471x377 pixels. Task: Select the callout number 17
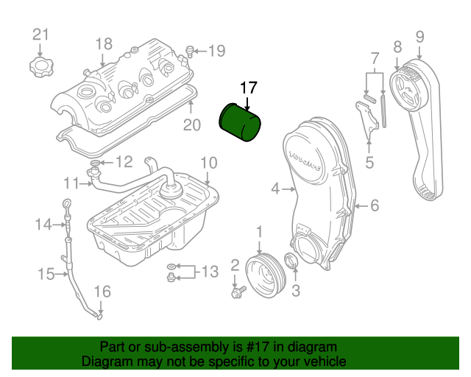pos(248,88)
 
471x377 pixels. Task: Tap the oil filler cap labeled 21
pos(41,68)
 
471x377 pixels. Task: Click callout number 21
pos(40,35)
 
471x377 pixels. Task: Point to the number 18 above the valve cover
pos(103,43)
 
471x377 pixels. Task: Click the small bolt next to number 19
pos(189,51)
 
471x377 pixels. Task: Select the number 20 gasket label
pos(191,125)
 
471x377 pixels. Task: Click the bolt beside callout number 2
pos(238,293)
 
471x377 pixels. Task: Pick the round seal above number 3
pos(291,261)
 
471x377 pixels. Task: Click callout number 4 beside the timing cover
pos(275,189)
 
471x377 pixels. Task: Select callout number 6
pos(374,206)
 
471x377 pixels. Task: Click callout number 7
pos(375,57)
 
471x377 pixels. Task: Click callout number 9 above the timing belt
pos(419,35)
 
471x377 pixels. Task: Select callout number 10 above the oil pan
pos(208,162)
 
